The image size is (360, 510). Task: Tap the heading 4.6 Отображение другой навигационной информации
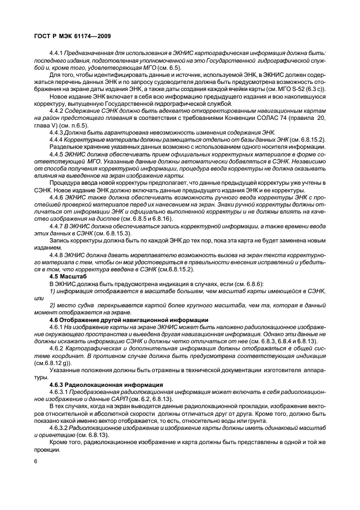click(129, 319)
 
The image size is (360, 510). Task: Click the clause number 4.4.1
click(57, 53)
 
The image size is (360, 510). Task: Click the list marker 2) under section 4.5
click(52, 306)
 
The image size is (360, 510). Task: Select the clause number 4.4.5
click(57, 154)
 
